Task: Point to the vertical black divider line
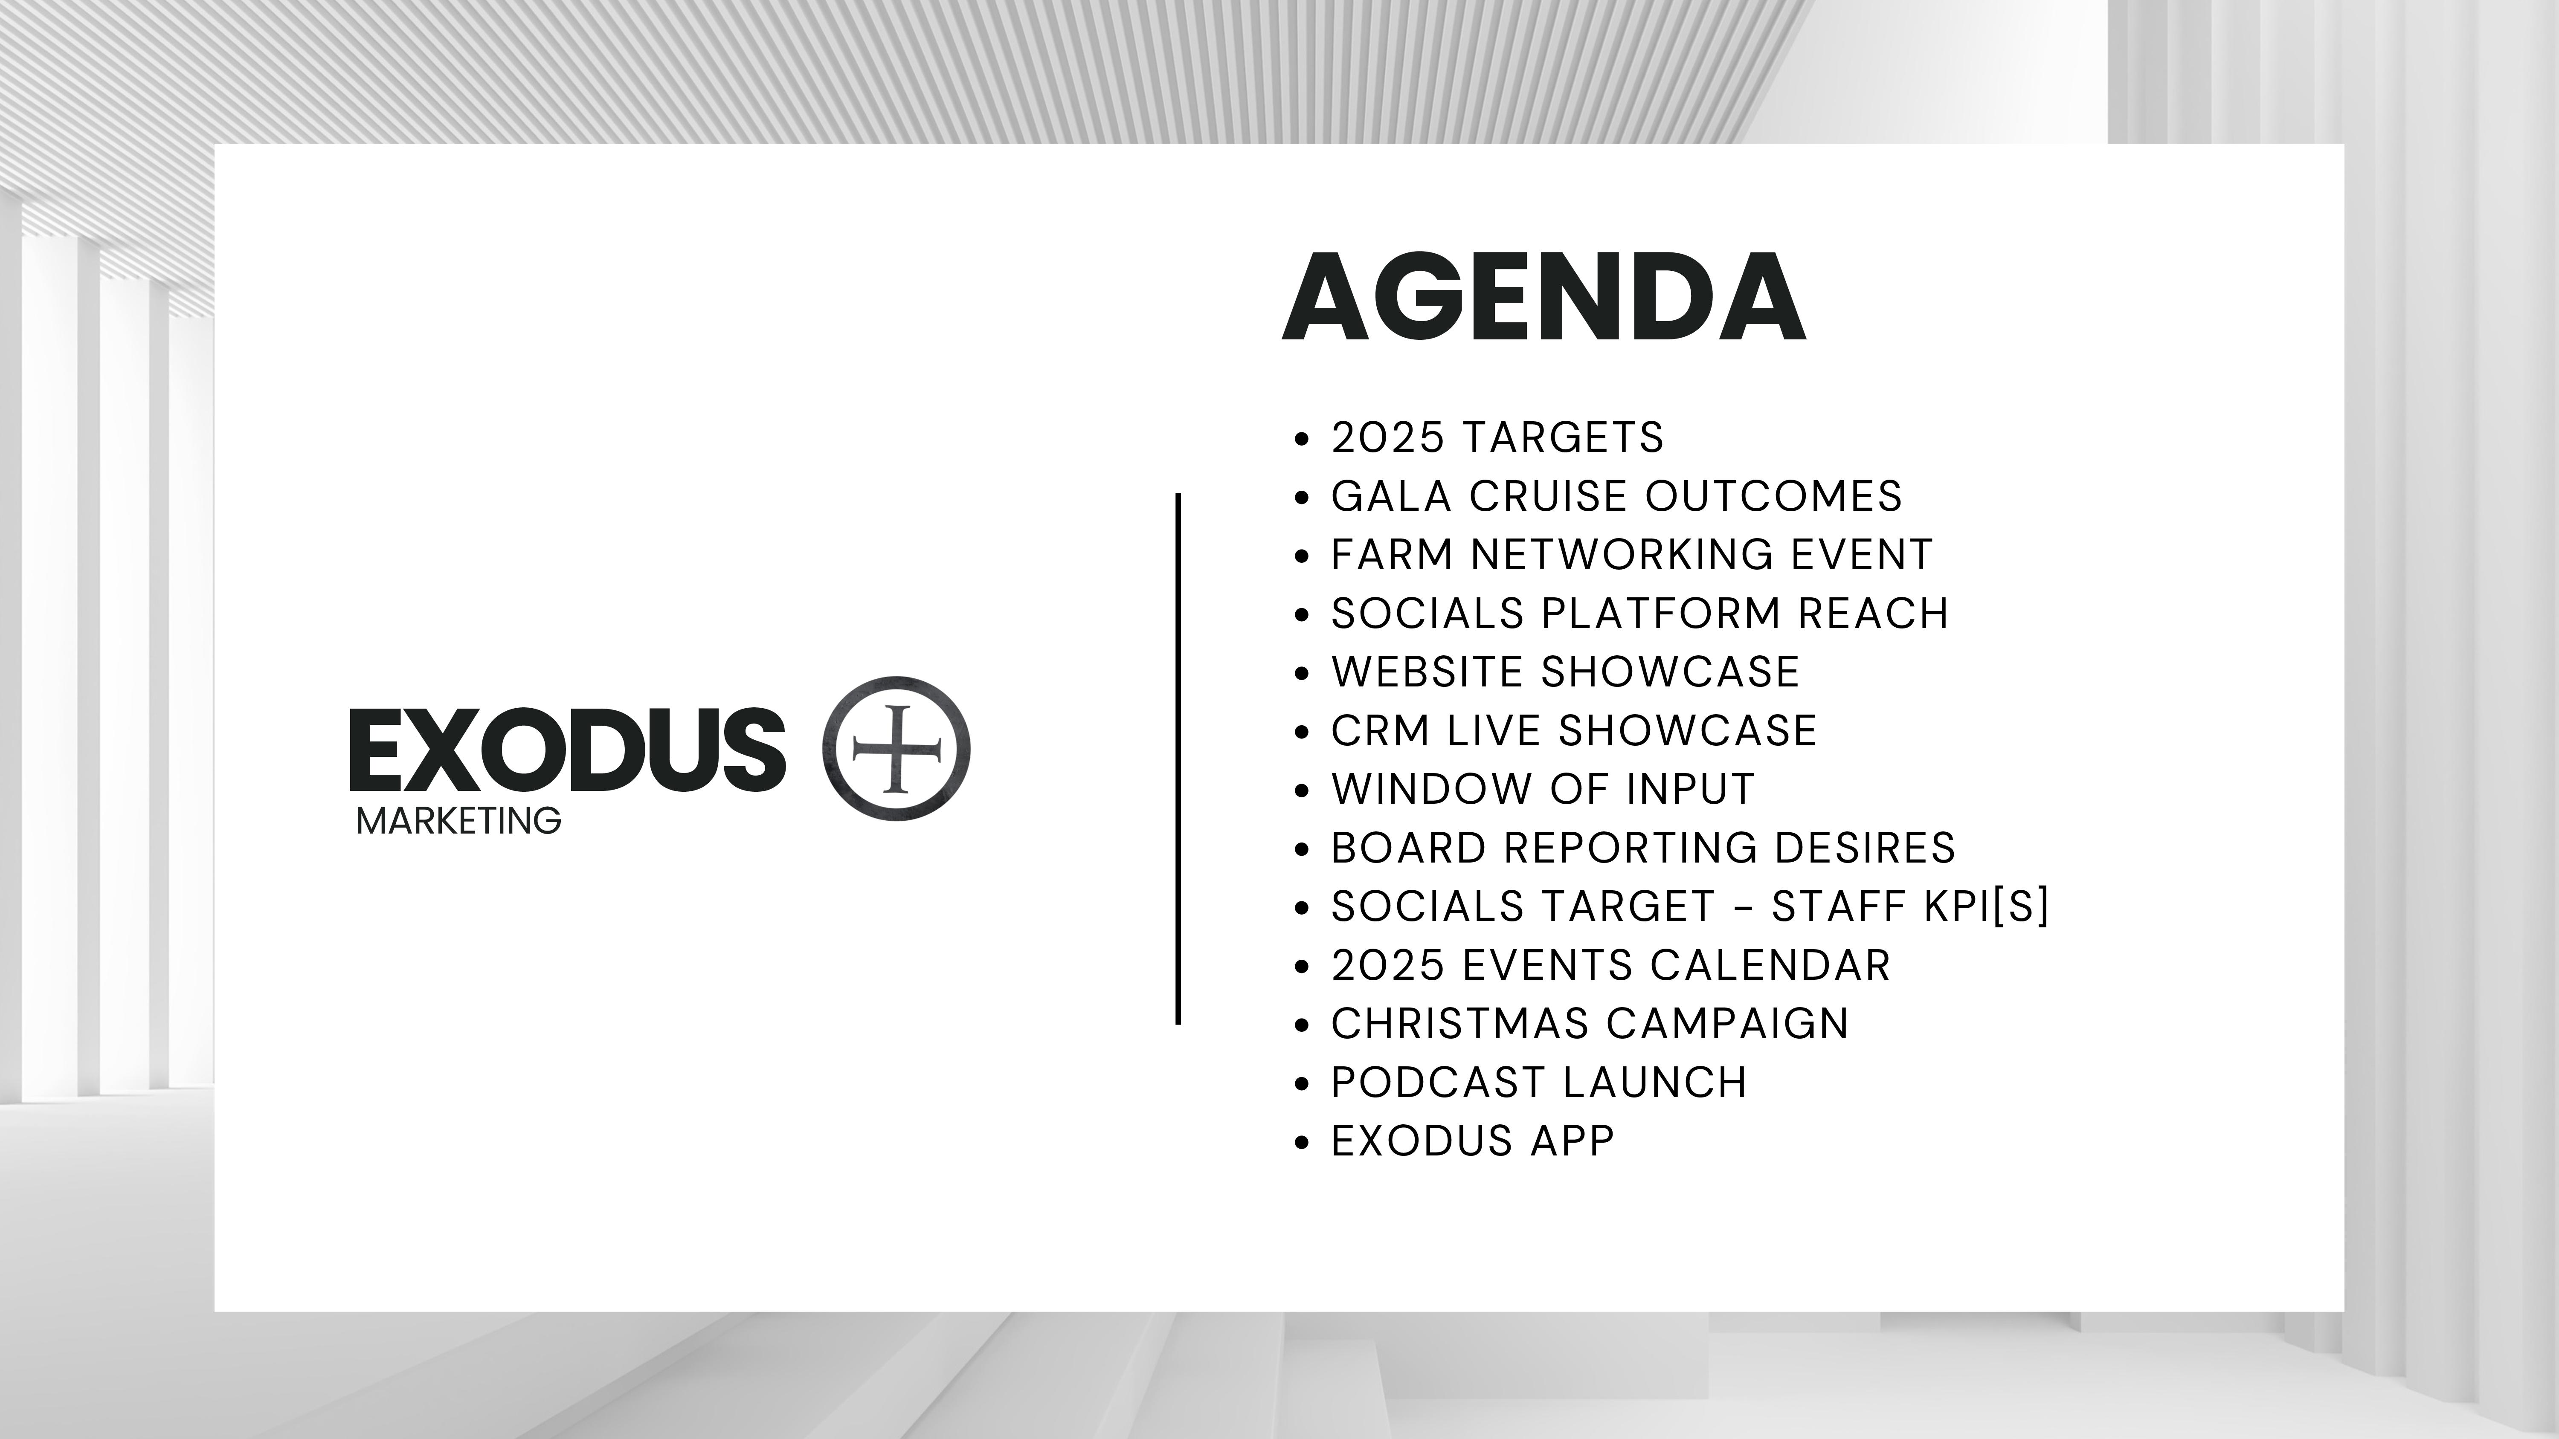[x=1178, y=758]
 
